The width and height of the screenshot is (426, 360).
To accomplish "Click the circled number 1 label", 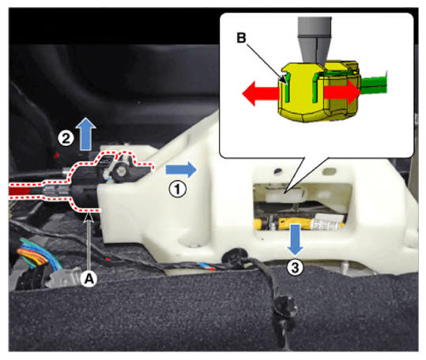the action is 177,189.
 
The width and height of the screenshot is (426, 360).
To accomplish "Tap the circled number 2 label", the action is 66,138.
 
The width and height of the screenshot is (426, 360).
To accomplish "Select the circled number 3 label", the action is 295,268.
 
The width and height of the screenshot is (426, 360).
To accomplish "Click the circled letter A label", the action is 89,278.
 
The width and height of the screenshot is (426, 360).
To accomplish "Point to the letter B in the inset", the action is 241,38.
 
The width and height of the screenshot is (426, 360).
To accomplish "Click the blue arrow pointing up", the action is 87,134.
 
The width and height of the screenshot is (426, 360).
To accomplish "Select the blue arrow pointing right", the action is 181,170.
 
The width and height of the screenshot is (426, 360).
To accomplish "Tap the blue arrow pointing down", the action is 295,239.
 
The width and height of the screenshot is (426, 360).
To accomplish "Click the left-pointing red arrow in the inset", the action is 260,94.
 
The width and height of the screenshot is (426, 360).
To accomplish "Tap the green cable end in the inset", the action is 374,85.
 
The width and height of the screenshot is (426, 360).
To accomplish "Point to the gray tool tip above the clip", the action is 315,41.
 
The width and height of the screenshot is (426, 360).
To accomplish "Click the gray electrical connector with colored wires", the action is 63,277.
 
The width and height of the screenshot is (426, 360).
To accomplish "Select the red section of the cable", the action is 20,191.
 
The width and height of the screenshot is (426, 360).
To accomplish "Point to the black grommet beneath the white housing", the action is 234,256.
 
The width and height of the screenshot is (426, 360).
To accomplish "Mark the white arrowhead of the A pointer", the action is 89,218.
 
